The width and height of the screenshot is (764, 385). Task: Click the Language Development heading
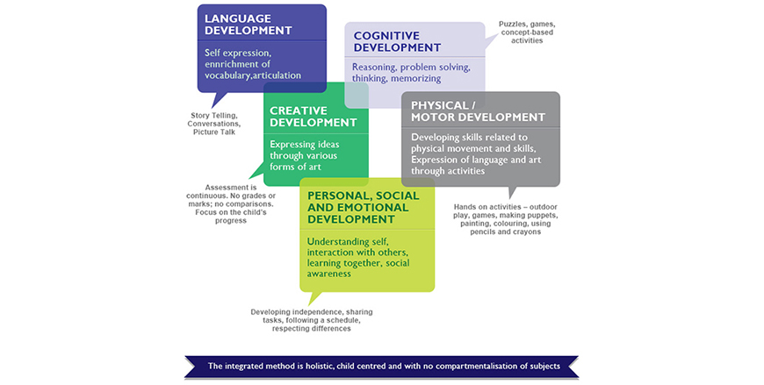tap(248, 25)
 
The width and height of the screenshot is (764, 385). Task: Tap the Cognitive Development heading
tap(397, 41)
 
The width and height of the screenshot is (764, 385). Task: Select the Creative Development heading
tap(314, 117)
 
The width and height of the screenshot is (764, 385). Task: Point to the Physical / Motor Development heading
tap(478, 111)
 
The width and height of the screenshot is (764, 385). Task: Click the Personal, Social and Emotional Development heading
tap(363, 207)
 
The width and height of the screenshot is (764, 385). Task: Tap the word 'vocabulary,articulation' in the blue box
tap(252, 75)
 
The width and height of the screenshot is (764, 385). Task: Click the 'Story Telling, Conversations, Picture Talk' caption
tap(214, 124)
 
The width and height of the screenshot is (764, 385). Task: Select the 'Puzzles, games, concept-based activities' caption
tap(527, 32)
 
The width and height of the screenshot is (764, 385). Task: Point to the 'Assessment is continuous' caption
tap(231, 204)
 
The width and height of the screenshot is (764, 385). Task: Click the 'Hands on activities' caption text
tap(505, 219)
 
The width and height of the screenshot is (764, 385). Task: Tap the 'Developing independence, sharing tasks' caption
tap(312, 320)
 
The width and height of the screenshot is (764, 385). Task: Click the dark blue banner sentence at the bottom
tap(384, 366)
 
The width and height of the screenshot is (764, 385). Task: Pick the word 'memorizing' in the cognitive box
tap(416, 78)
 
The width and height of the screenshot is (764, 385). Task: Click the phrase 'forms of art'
tap(295, 167)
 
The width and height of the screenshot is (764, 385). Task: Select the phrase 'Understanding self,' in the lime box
tap(348, 242)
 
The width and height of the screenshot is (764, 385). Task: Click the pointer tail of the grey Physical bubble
tap(512, 191)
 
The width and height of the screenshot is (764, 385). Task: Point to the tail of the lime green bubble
tap(314, 297)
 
